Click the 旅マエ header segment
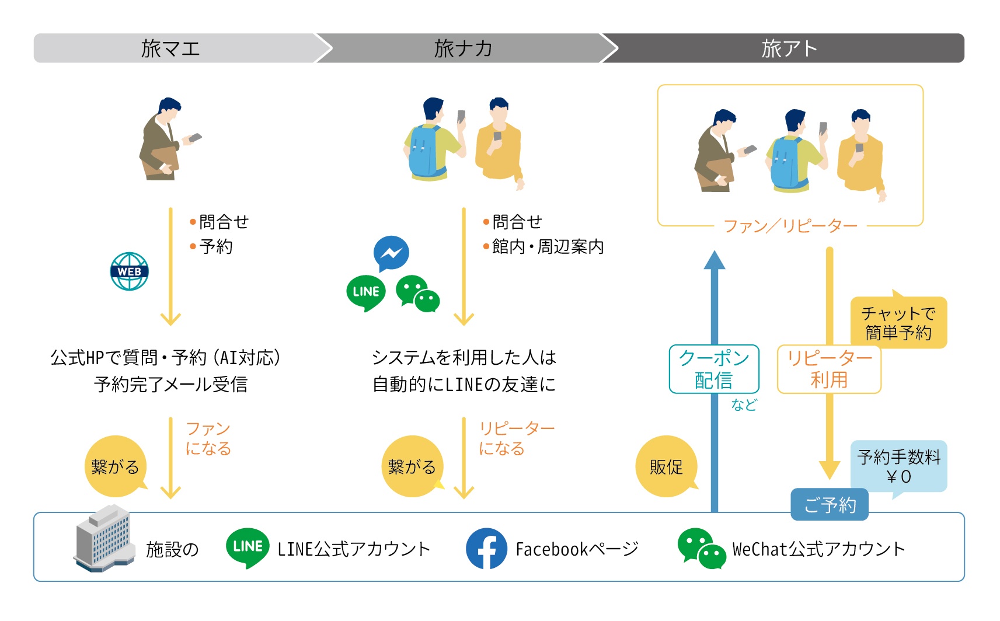(x=171, y=48)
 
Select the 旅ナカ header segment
(x=463, y=48)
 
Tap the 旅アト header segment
(x=788, y=48)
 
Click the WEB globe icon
(x=130, y=271)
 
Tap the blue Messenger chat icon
(x=391, y=253)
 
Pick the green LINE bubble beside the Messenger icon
(x=366, y=292)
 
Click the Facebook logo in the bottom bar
(x=486, y=549)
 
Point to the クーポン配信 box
(x=714, y=369)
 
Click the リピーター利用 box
(x=829, y=369)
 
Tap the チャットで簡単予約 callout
(x=898, y=323)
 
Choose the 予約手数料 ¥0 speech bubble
(x=899, y=466)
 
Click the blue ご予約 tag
(x=830, y=505)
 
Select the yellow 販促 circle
(x=666, y=466)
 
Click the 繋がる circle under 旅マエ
(x=115, y=466)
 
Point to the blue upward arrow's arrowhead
(x=714, y=260)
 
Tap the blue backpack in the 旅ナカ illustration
(x=424, y=151)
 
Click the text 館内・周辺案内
(x=548, y=247)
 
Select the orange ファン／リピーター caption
(x=790, y=226)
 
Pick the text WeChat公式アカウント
(x=818, y=549)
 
